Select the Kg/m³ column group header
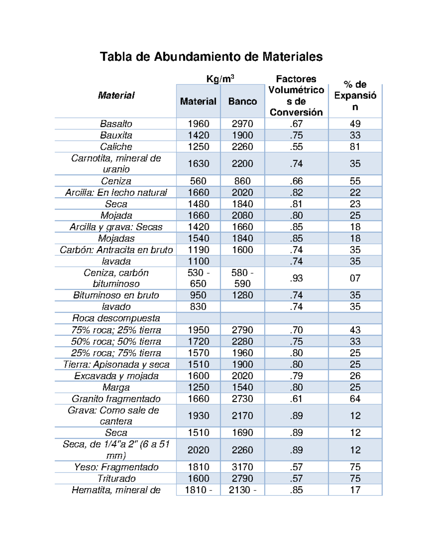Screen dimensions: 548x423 pyautogui.click(x=220, y=79)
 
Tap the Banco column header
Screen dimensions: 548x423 pyautogui.click(x=243, y=101)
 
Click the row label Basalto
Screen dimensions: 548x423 pyautogui.click(x=116, y=124)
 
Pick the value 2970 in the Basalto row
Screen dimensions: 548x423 pyautogui.click(x=243, y=124)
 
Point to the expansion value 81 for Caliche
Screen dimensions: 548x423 pyautogui.click(x=355, y=147)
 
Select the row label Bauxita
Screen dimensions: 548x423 pyautogui.click(x=116, y=135)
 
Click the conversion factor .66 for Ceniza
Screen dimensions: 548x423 pyautogui.click(x=296, y=181)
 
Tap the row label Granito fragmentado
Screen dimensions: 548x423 pyautogui.click(x=116, y=399)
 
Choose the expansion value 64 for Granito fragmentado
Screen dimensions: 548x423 pyautogui.click(x=355, y=399)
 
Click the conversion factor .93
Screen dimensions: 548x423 pyautogui.click(x=296, y=278)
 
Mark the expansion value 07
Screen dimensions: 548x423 pyautogui.click(x=355, y=278)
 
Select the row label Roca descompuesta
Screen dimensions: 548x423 pyautogui.click(x=116, y=318)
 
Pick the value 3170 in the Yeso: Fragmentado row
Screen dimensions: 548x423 pyautogui.click(x=243, y=467)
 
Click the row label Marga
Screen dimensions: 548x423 pyautogui.click(x=116, y=387)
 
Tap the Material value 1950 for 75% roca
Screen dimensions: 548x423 pyautogui.click(x=198, y=330)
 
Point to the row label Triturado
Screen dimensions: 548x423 pyautogui.click(x=116, y=478)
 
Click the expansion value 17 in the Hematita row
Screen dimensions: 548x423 pyautogui.click(x=355, y=490)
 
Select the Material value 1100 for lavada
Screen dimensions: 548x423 pyautogui.click(x=198, y=261)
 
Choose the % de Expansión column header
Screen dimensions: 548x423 pyautogui.click(x=355, y=95)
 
